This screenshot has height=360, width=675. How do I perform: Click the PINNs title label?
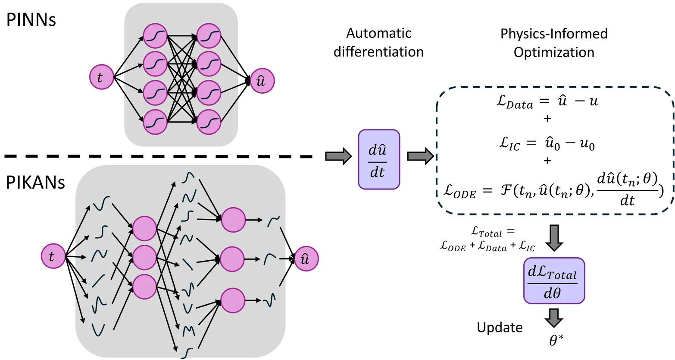point(31,20)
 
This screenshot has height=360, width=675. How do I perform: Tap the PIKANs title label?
point(35,183)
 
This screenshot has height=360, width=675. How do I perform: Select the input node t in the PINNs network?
point(101,78)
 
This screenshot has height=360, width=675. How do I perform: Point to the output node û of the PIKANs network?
point(306,259)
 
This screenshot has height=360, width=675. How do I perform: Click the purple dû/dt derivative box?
point(379,160)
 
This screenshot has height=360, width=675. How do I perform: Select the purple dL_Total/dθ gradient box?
point(554,281)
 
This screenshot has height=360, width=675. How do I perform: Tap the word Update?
point(500,328)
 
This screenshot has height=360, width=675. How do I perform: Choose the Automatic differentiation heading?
point(378,42)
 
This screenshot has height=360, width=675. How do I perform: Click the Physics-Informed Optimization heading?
point(554,43)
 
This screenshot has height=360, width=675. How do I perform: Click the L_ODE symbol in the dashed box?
point(460,192)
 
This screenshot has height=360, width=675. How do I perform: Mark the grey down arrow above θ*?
point(553,317)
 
